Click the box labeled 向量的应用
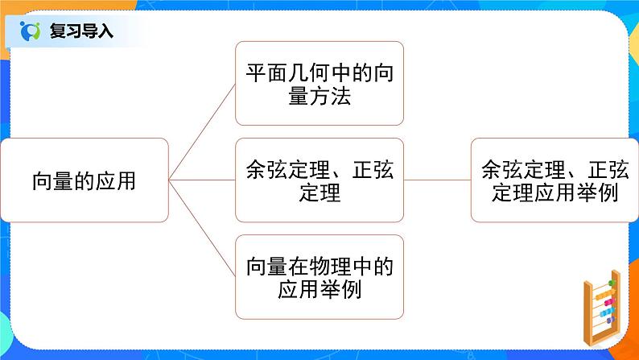pos(85,180)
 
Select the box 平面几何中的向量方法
pos(319,84)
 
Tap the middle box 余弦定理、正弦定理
pos(319,180)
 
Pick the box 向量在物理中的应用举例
pos(319,275)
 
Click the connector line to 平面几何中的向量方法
pos(201,131)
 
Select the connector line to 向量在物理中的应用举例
pos(201,229)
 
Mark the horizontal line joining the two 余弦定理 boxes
pos(437,180)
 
